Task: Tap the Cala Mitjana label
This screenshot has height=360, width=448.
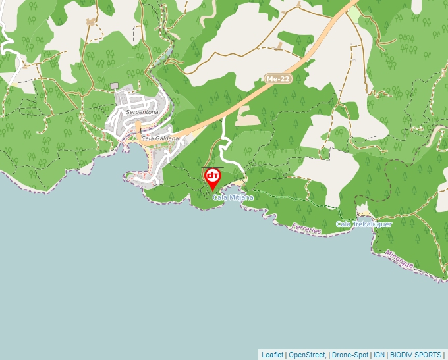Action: click(x=233, y=197)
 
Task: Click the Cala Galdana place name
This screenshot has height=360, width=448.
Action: click(x=160, y=138)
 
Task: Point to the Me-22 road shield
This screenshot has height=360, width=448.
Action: click(x=277, y=79)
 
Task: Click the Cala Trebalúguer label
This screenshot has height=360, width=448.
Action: click(x=364, y=224)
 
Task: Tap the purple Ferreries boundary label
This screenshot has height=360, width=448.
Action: click(x=305, y=229)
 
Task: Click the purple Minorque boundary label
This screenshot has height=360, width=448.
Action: click(x=399, y=259)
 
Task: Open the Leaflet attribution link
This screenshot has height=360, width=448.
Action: click(x=272, y=355)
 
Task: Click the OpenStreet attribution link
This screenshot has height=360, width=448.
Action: click(x=306, y=355)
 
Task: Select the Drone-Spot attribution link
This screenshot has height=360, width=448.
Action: click(x=349, y=355)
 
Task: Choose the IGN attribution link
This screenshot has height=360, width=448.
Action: click(x=379, y=355)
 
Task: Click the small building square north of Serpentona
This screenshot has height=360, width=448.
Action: click(x=114, y=86)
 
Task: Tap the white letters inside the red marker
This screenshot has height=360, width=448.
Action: click(x=213, y=176)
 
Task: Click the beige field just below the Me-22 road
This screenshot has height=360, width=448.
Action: click(x=248, y=120)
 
